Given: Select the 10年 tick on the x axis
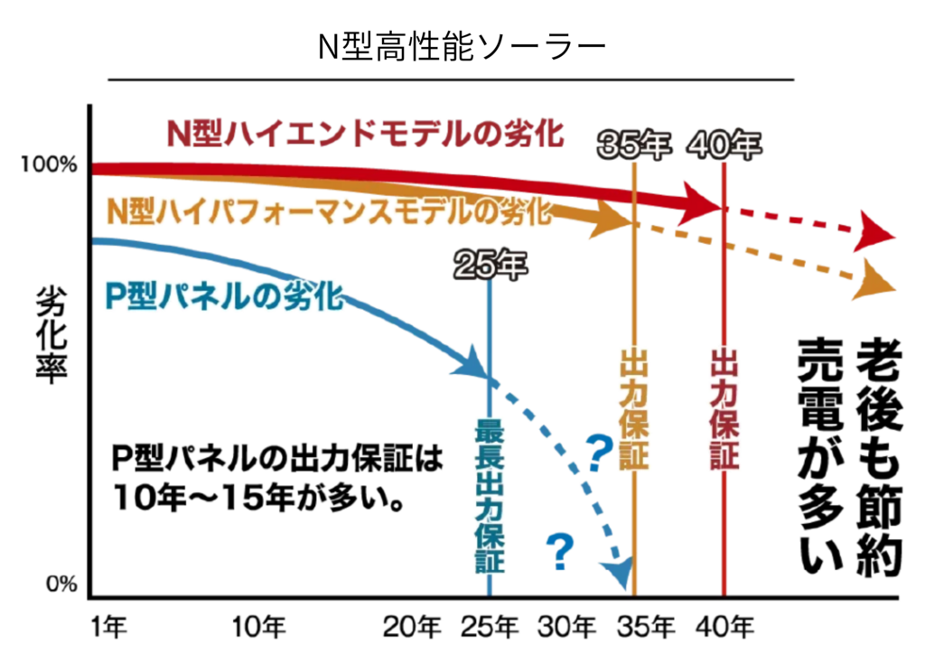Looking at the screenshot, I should point(259,626).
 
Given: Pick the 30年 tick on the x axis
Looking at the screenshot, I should point(568,626).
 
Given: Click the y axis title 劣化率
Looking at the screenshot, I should point(52,335).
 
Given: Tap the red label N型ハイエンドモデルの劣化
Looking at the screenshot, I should point(366,134).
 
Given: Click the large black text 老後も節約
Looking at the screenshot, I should point(878,456).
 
